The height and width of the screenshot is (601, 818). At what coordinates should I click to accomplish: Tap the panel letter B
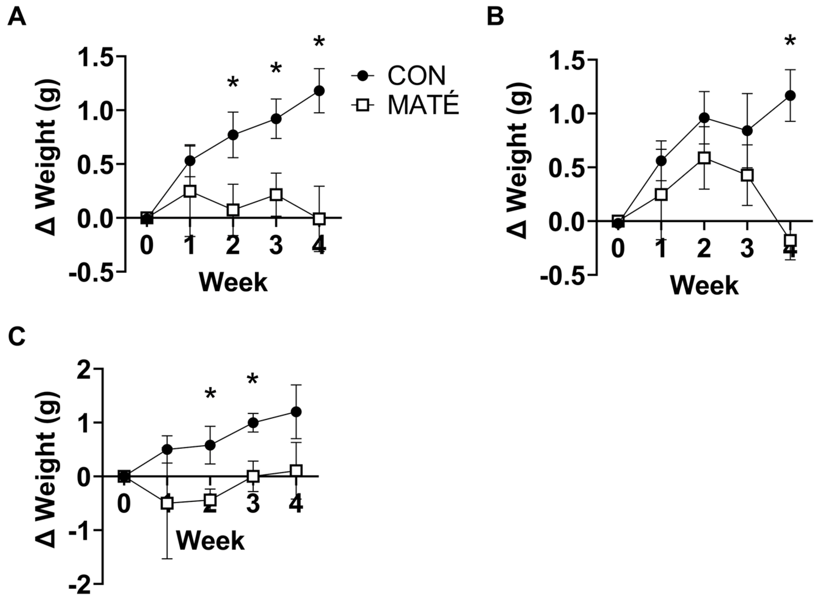coord(495,17)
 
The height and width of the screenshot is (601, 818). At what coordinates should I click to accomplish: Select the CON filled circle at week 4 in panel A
coord(319,90)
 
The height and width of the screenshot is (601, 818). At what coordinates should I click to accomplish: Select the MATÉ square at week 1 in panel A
coord(190,191)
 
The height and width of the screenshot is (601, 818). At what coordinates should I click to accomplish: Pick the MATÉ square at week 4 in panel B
coord(790,241)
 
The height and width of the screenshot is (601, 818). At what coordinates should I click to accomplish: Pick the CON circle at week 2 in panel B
coord(704,118)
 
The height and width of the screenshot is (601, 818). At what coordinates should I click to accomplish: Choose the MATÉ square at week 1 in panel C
coord(167,504)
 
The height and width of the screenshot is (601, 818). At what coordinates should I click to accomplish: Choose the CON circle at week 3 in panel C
coord(253,423)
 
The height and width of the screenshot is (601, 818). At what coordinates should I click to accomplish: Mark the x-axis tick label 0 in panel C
coord(124,505)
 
